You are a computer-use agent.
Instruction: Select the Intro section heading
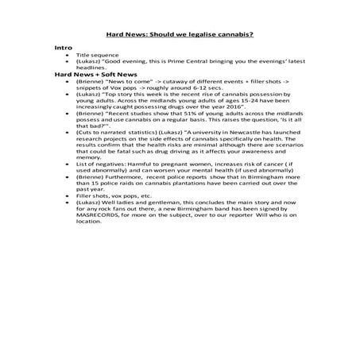(63, 48)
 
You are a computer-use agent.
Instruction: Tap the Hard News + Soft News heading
(90, 74)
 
